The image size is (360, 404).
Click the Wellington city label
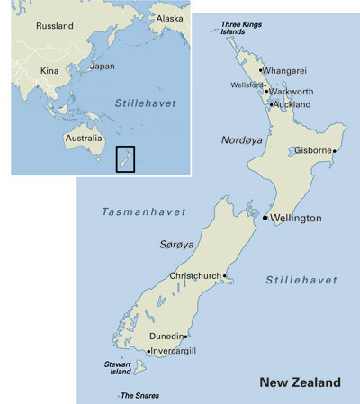coord(296,218)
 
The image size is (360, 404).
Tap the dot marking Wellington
coord(265,218)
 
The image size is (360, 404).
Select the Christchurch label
coord(195,276)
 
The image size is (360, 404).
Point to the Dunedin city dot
coord(185,337)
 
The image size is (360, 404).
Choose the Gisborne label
coord(313,151)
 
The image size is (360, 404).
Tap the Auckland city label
coord(292,104)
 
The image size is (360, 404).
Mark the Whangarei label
coord(289,69)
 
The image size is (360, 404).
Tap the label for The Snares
coord(140,395)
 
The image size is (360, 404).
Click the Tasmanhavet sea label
coord(144,211)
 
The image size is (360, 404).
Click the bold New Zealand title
coord(300,382)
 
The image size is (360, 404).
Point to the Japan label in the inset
coord(103,66)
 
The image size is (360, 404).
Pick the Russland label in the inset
coord(54,26)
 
